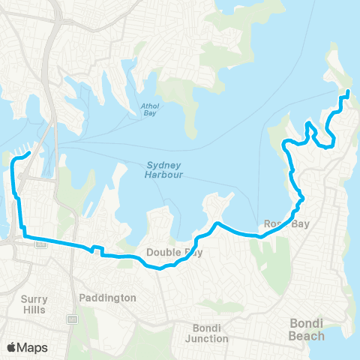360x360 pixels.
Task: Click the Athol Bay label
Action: (x=150, y=110)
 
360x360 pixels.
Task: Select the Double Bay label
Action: (x=174, y=253)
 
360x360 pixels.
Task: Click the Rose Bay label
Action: (x=282, y=224)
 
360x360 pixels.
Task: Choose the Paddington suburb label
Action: (x=107, y=298)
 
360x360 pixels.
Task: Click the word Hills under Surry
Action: (x=34, y=309)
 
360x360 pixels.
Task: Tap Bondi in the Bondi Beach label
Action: (x=305, y=323)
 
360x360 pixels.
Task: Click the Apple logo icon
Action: (x=12, y=347)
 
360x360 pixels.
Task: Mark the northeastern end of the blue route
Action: (x=347, y=92)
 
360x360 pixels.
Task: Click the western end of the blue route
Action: (x=28, y=154)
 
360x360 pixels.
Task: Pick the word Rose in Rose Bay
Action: (x=273, y=224)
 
